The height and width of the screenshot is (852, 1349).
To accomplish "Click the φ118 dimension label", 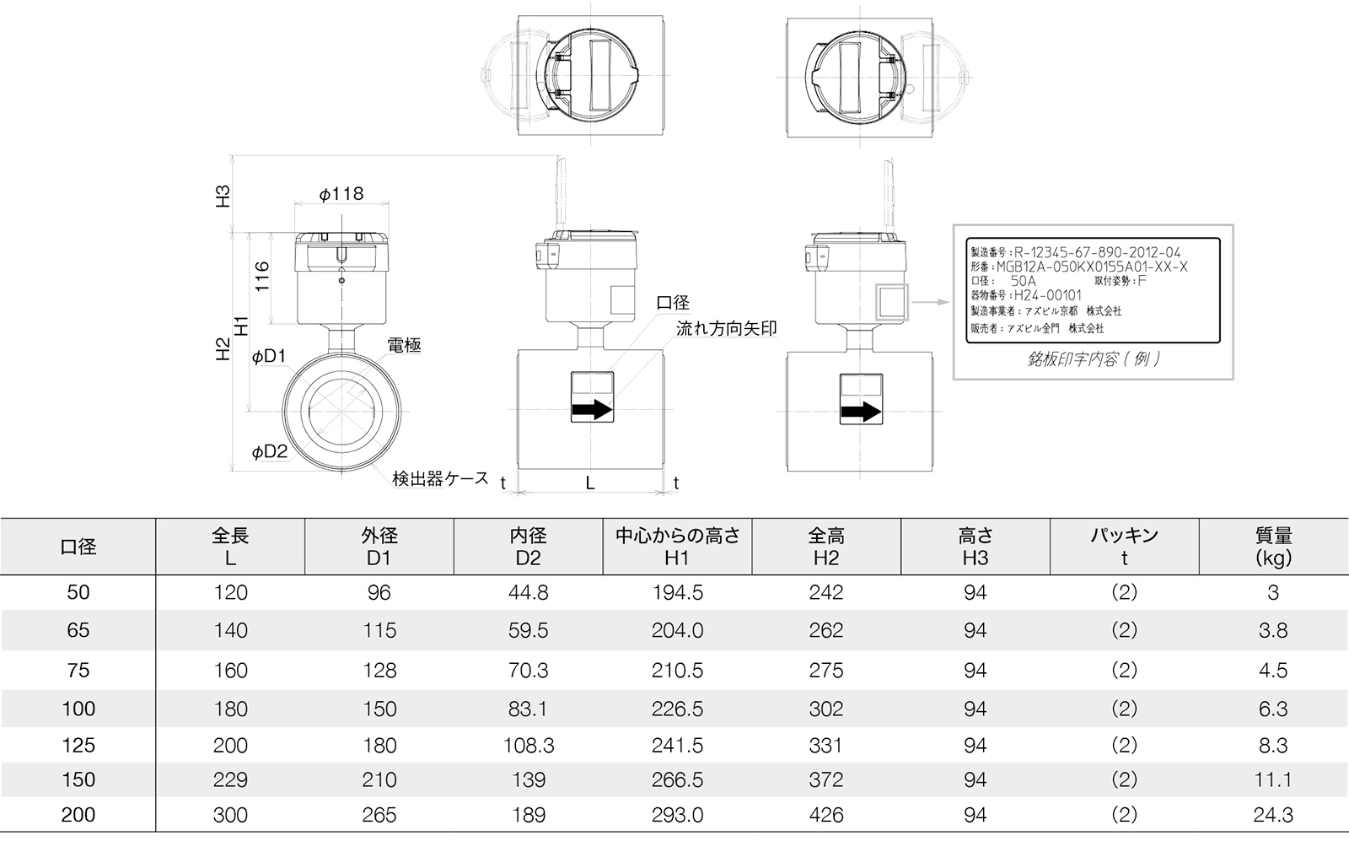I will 341,194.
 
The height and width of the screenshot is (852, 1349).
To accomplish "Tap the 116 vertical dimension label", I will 261,278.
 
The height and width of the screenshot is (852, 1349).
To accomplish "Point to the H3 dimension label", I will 222,196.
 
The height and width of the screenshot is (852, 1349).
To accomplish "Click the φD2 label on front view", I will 270,452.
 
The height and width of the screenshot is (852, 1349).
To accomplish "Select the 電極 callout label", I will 404,345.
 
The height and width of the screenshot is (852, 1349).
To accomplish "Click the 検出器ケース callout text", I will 440,478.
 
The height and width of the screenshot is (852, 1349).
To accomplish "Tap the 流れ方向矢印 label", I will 726,329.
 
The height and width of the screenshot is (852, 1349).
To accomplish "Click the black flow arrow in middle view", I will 592,410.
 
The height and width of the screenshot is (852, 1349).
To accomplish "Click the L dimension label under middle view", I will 590,483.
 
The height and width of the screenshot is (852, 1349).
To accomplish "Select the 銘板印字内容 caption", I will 1094,359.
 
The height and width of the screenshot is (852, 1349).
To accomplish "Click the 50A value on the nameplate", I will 1023,281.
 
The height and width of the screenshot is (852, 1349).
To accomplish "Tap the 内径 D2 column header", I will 529,547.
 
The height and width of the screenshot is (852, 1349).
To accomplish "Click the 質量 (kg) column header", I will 1273,547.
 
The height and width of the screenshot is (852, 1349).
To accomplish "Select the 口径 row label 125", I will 78,745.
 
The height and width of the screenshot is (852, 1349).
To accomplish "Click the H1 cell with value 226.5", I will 677,709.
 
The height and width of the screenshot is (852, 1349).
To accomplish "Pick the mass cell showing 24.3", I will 1273,815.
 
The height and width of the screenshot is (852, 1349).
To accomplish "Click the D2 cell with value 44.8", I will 529,593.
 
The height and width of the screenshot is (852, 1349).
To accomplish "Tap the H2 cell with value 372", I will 826,779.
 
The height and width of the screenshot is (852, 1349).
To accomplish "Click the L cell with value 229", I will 230,779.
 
